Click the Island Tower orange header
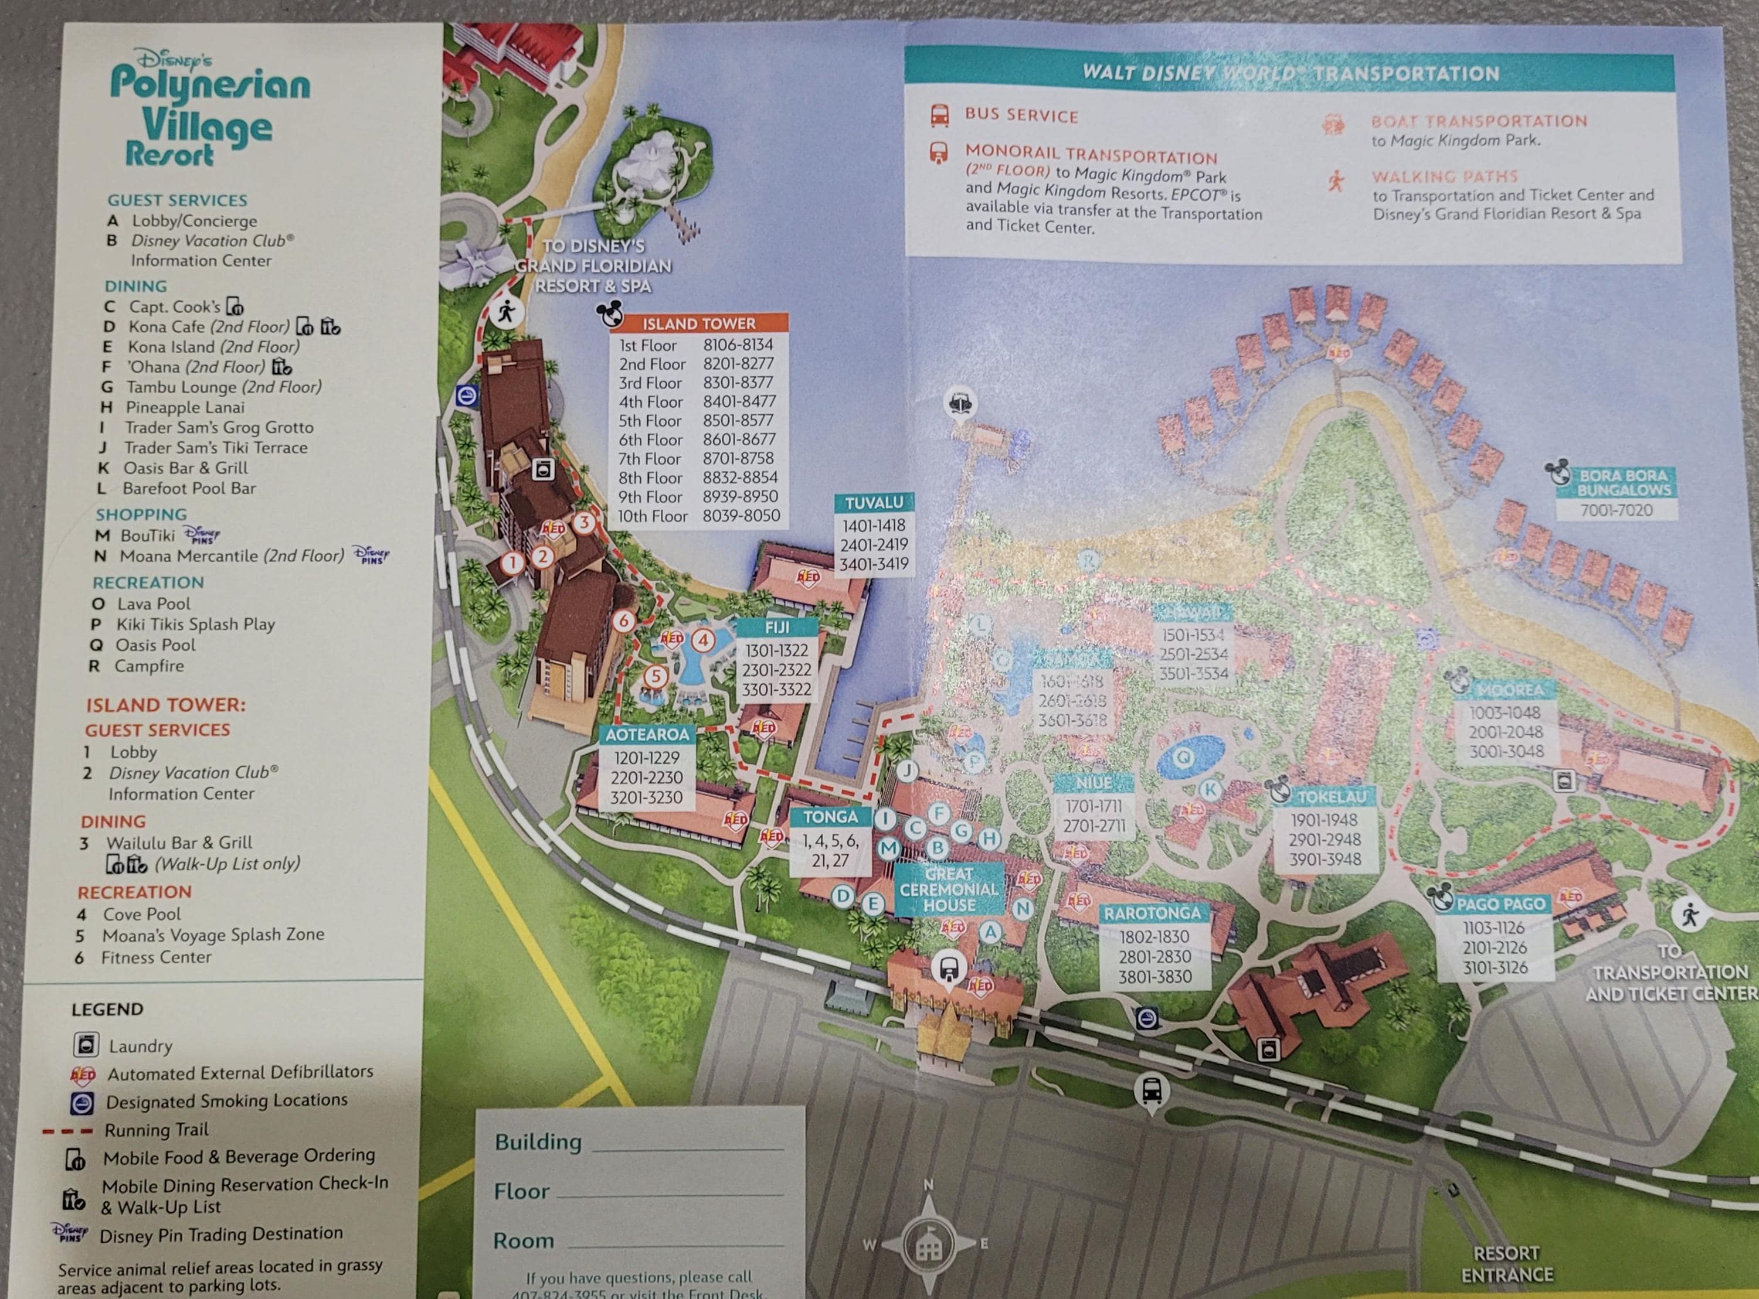click(x=698, y=323)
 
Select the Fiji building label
click(x=777, y=628)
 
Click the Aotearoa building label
click(x=647, y=734)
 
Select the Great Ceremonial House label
click(x=949, y=889)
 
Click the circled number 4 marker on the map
click(x=702, y=640)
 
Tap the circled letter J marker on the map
click(x=907, y=770)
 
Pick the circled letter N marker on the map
click(x=1022, y=909)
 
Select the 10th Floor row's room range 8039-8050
click(x=741, y=516)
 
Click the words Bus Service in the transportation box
click(x=1021, y=115)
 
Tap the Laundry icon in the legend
click(x=86, y=1045)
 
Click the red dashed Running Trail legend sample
click(x=69, y=1131)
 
